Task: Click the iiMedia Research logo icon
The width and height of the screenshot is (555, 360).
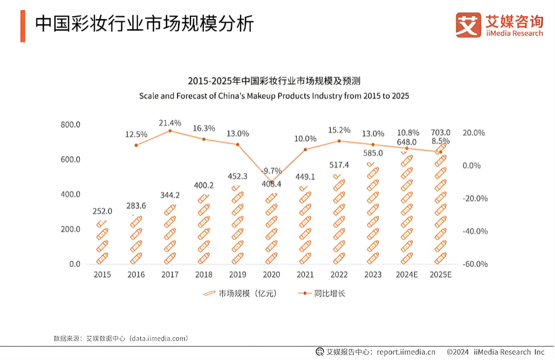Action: pos(468,25)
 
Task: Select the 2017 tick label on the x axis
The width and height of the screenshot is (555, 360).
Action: pos(170,275)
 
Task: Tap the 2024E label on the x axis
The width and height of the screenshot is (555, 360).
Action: pos(406,275)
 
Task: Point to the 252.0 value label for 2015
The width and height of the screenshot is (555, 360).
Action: pos(103,211)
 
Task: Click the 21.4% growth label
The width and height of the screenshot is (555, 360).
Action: pos(170,122)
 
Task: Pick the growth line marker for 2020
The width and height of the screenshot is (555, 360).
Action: pos(271,183)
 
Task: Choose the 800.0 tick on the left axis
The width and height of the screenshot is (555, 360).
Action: pos(70,124)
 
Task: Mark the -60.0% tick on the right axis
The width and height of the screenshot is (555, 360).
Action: pos(475,264)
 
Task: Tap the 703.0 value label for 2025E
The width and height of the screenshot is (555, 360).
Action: pos(441,132)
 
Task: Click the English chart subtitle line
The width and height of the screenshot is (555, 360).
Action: pos(274,96)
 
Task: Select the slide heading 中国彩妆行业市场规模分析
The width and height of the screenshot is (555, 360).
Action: pos(145,24)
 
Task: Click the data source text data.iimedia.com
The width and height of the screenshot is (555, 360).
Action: pos(158,338)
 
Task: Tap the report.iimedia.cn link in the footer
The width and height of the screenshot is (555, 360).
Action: pos(406,352)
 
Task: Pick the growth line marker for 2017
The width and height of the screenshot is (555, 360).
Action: pos(170,131)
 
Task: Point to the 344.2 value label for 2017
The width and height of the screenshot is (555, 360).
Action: pos(170,195)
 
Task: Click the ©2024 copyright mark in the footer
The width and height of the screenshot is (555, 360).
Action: pos(458,352)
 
